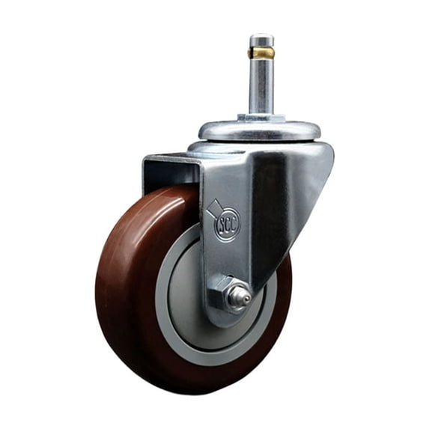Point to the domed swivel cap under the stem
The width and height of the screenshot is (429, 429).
coord(259,131)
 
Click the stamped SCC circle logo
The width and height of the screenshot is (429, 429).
coord(228,223)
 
